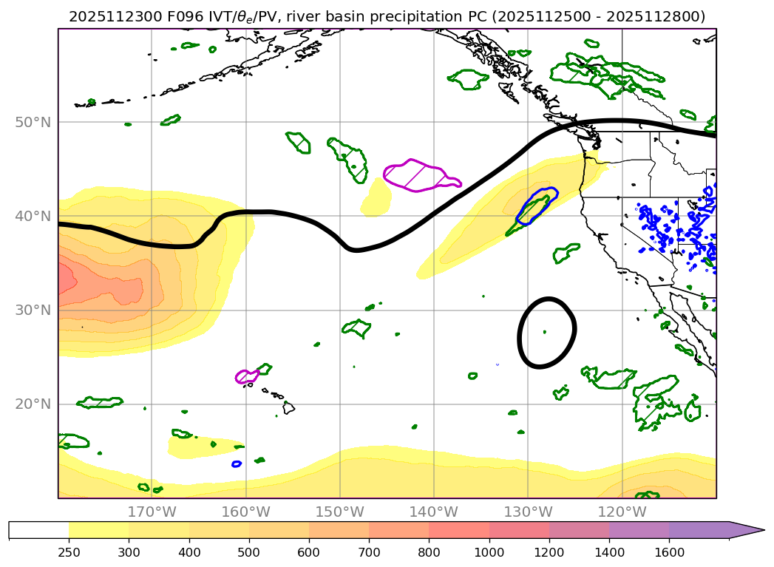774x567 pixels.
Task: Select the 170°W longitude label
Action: point(151,512)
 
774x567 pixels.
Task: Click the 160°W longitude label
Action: point(245,512)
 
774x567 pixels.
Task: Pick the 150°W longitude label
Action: point(339,512)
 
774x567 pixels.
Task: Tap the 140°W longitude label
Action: point(434,512)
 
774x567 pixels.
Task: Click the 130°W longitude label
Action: point(528,512)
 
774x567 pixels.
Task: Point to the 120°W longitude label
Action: point(622,512)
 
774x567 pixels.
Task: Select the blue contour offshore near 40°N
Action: point(537,206)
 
